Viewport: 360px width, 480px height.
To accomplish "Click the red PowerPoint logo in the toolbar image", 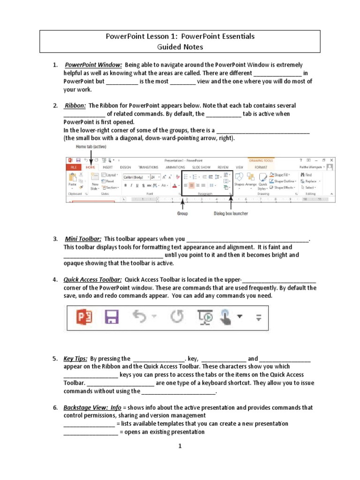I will point(84,318).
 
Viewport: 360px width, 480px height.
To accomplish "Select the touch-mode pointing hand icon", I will point(226,318).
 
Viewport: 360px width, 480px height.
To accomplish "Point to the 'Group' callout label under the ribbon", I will point(182,213).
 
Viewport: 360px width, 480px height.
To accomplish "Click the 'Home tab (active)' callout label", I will point(91,147).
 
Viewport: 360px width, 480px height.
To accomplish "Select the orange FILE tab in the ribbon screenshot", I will point(73,167).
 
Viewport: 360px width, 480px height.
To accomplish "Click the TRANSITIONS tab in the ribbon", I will point(148,167).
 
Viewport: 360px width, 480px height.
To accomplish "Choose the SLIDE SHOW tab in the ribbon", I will point(201,167).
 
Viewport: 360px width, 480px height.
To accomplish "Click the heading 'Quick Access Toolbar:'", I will point(93,279).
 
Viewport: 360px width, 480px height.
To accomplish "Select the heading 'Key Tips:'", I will point(75,359).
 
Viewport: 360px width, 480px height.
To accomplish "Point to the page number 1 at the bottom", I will point(180,446).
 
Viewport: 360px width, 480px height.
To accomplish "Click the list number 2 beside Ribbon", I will point(55,105).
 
